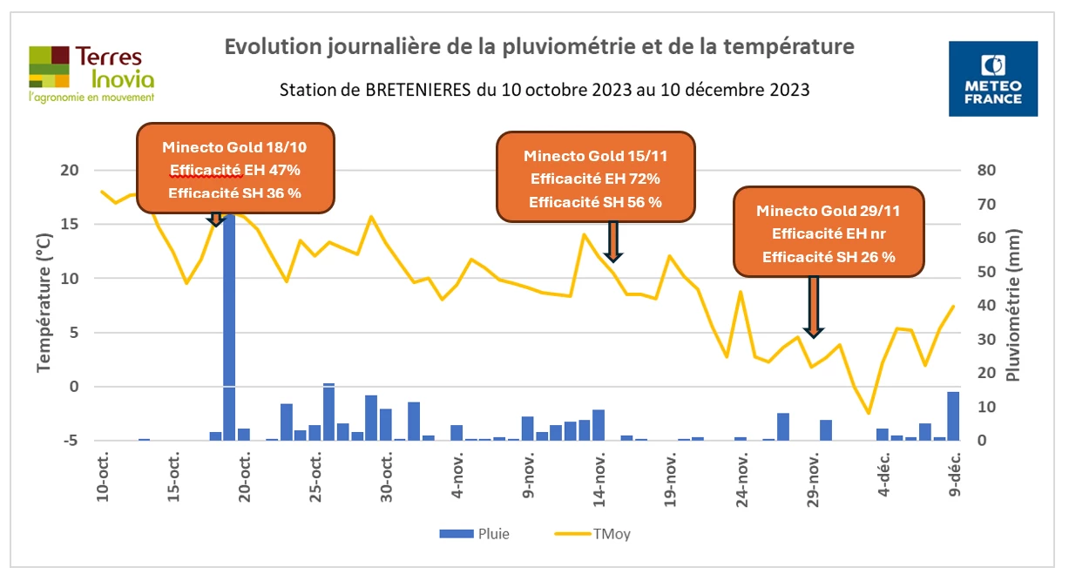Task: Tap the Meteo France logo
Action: pos(993,78)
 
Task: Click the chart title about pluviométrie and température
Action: pos(539,46)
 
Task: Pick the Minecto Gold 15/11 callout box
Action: pos(596,177)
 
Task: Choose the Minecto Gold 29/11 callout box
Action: pos(829,233)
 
